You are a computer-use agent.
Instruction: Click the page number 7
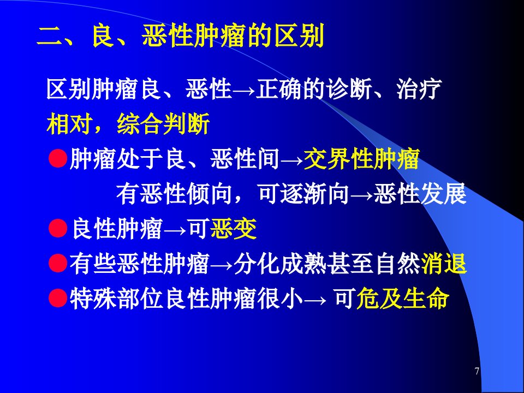coord(477,371)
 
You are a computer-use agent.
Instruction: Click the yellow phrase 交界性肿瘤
coord(362,159)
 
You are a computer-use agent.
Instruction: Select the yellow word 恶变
coord(234,229)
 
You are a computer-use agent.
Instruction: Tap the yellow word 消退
coord(444,263)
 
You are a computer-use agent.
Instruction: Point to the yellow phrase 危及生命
coord(403,298)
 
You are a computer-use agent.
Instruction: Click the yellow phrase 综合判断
coord(163,124)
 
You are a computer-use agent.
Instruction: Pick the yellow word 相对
coord(69,124)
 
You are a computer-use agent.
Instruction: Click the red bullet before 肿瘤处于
coord(58,158)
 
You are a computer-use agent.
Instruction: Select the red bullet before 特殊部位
coord(58,298)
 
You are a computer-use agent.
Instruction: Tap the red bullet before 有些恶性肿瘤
coord(58,263)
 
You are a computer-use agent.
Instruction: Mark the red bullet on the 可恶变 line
coord(58,228)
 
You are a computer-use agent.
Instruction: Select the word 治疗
coord(419,89)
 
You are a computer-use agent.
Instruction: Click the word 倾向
coord(210,194)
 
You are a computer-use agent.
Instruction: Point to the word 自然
coord(398,263)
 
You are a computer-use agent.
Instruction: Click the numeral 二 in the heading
coord(50,36)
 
